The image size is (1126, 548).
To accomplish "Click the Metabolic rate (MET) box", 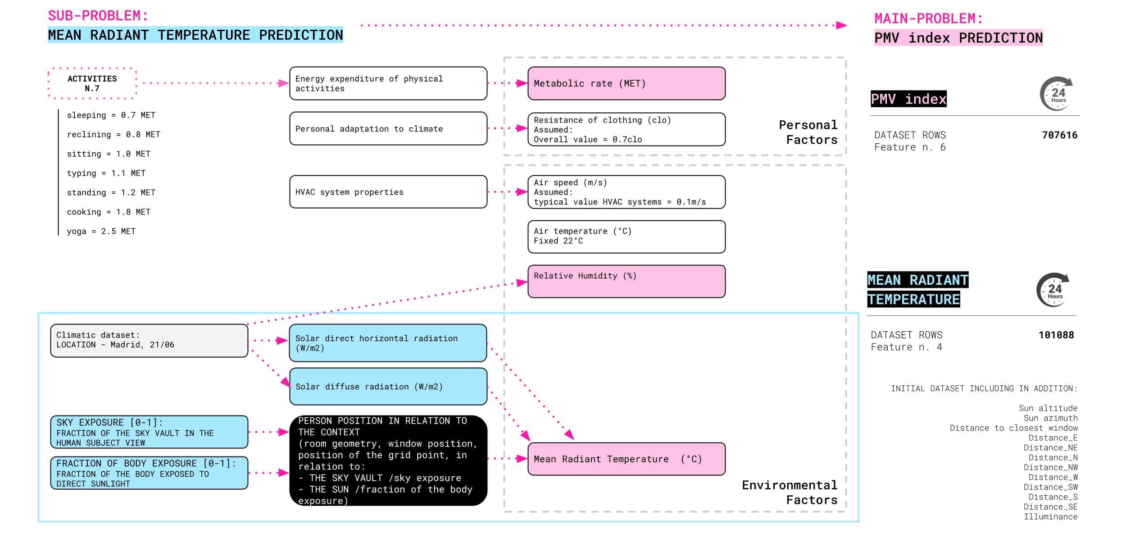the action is tap(627, 83).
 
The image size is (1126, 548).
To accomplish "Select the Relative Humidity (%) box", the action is tap(627, 281).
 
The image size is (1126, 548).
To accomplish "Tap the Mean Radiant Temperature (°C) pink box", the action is tap(627, 459).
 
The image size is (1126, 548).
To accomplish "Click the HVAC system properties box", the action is tap(388, 192).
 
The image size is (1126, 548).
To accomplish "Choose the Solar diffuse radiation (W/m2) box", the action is tap(388, 386).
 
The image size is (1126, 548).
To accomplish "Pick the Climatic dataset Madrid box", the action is tap(149, 340).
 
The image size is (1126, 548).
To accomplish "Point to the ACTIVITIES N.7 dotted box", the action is tap(92, 83).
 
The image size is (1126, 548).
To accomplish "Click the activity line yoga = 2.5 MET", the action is tap(101, 231).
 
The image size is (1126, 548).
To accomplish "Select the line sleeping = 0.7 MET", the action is tap(111, 115).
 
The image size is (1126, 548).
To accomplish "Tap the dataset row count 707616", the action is tap(1060, 135).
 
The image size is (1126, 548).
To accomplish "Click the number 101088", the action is tap(1056, 335).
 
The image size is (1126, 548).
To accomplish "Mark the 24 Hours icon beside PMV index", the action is tap(1057, 94).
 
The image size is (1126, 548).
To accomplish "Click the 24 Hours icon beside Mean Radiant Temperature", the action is tap(1053, 290).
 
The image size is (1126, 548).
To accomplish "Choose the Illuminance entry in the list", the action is tap(1051, 516).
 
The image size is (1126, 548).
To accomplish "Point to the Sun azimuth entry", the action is tap(1051, 418).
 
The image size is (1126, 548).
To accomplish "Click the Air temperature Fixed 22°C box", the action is tap(627, 237).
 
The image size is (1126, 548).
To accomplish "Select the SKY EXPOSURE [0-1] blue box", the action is tap(149, 432).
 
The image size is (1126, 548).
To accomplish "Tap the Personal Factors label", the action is tap(808, 132).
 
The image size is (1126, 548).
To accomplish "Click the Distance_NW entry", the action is tap(1051, 467).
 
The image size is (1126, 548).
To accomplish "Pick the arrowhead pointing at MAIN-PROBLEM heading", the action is tap(841, 25).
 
